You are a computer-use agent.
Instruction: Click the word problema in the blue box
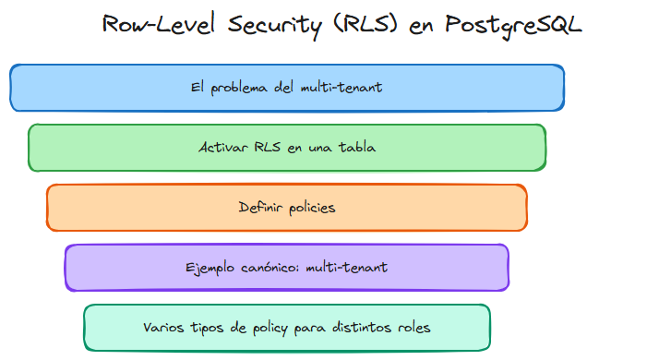(242, 88)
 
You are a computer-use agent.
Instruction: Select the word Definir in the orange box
(258, 208)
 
